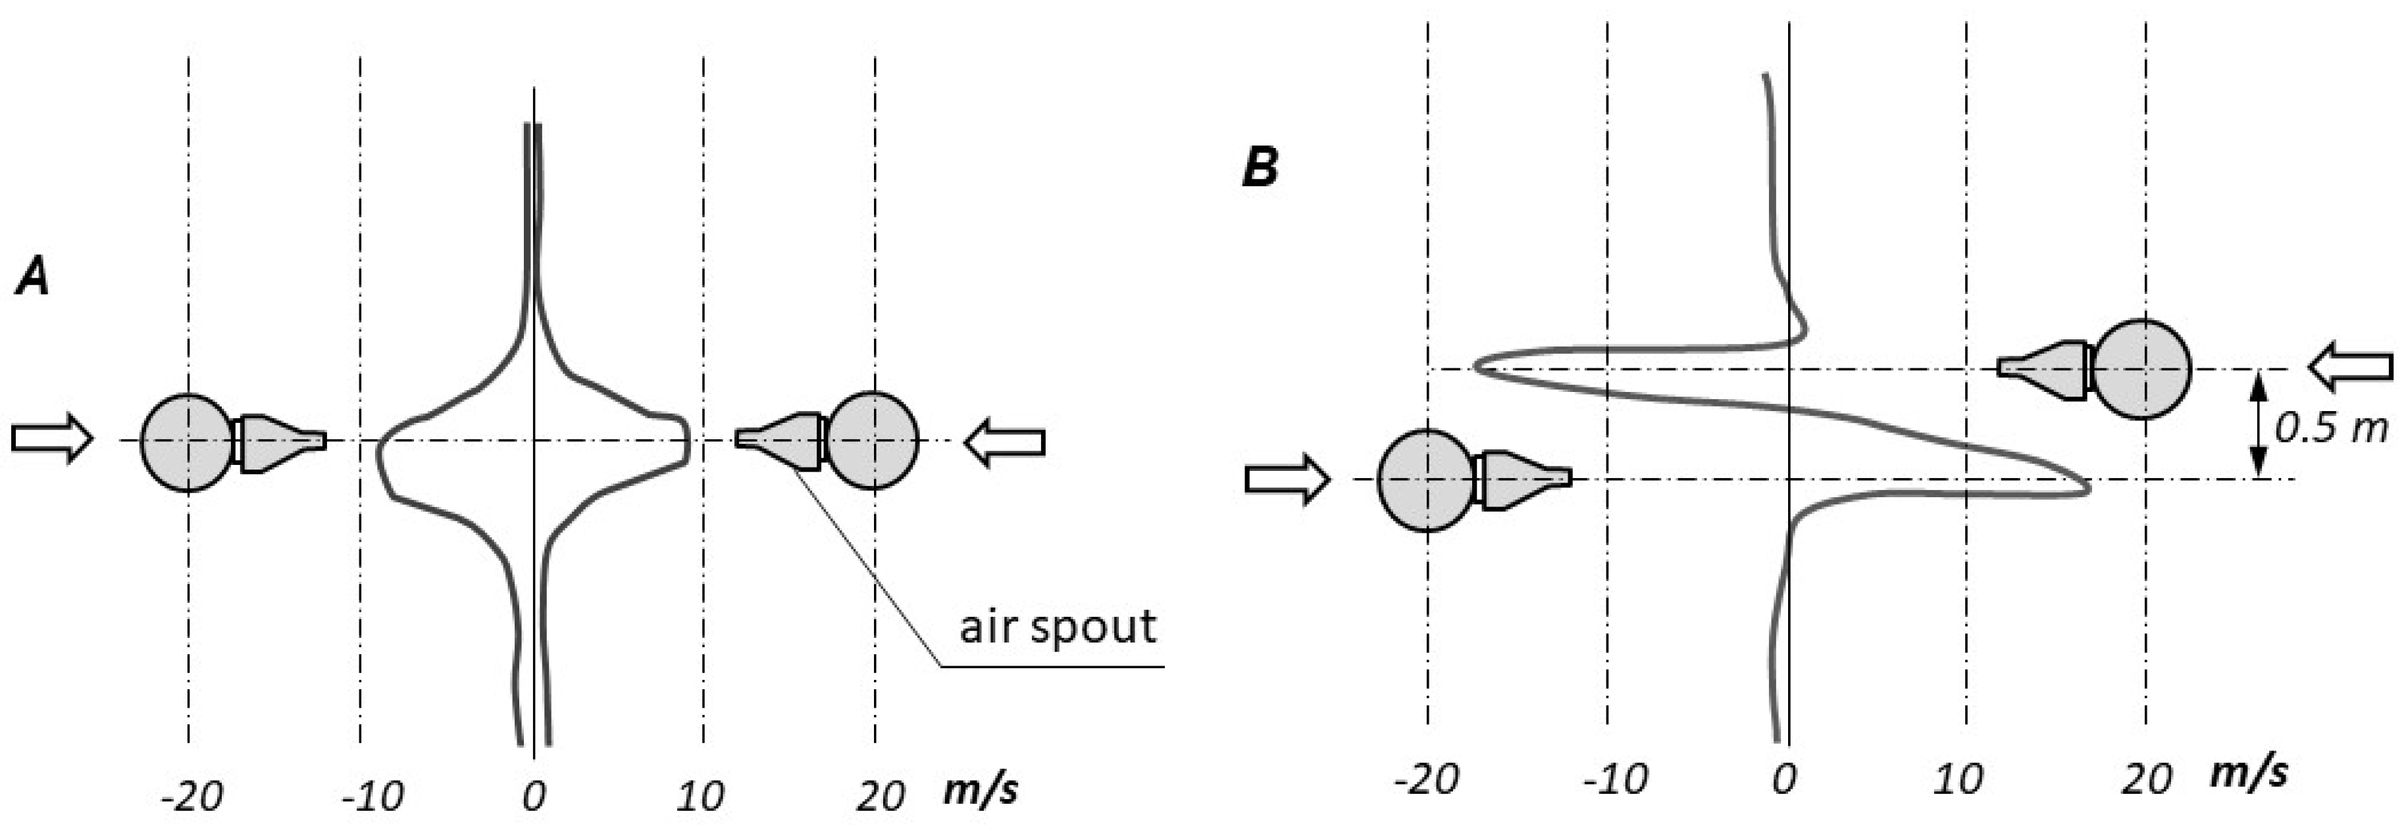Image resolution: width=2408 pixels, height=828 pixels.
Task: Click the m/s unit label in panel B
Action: pyautogui.click(x=2248, y=774)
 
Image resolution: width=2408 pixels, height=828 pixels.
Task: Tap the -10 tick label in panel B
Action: pyautogui.click(x=1614, y=779)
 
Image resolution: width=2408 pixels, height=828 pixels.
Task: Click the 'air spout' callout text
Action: pyautogui.click(x=1057, y=625)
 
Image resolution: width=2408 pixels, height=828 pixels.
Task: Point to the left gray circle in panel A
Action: pyautogui.click(x=188, y=442)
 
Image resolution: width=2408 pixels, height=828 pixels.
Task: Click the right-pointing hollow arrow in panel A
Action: pyautogui.click(x=53, y=437)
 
